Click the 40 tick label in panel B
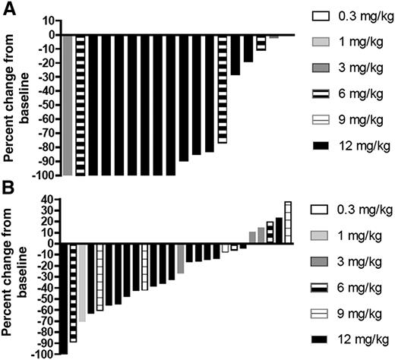pyautogui.click(x=45, y=200)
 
